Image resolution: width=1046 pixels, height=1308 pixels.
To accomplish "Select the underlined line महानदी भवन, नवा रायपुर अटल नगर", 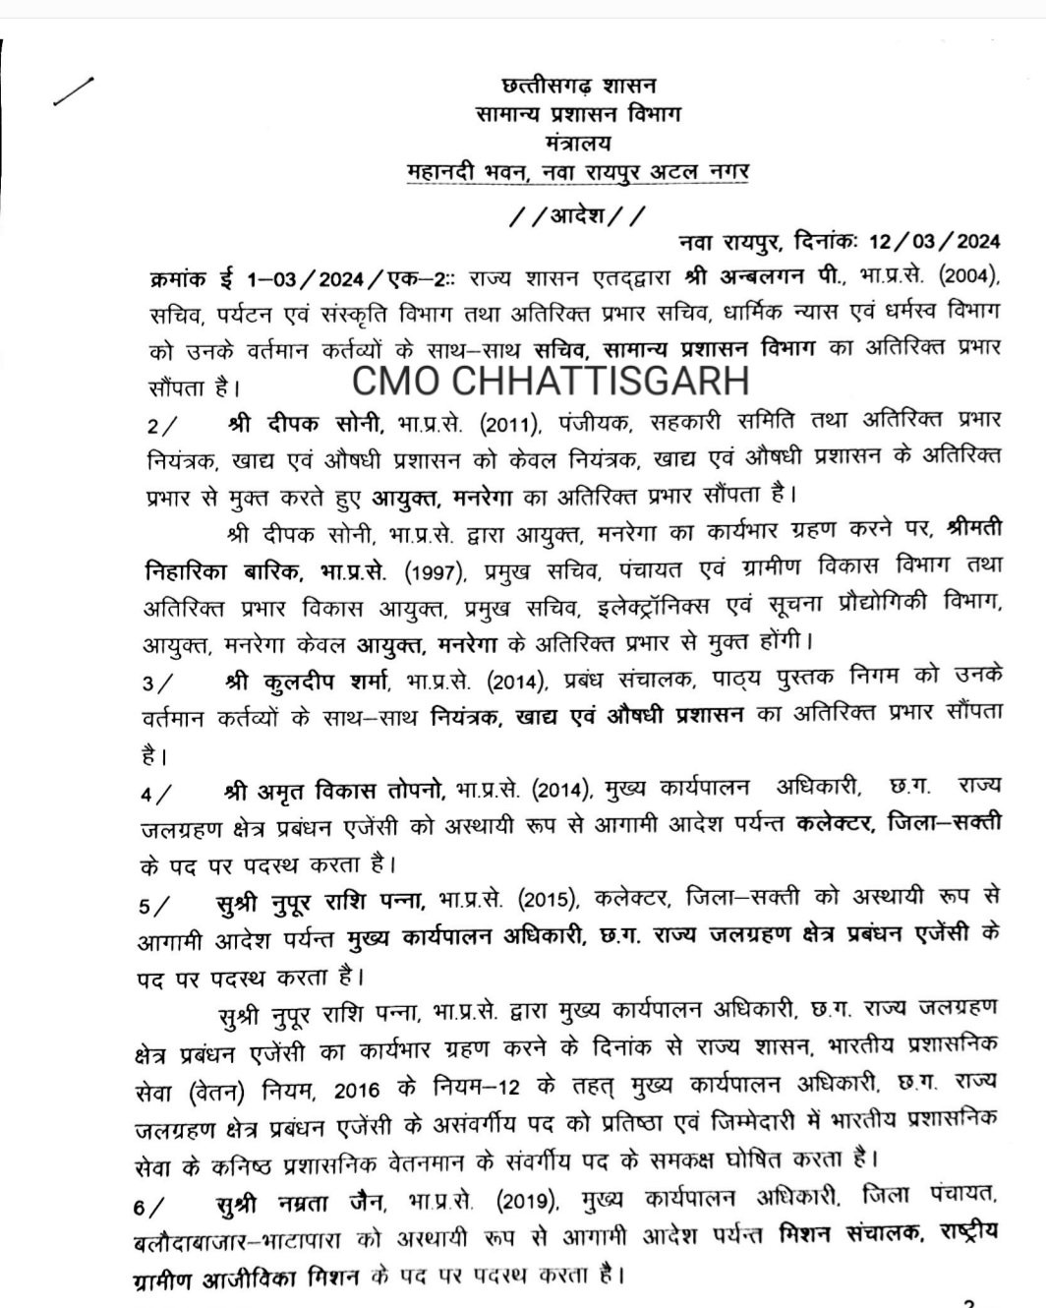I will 578,172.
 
